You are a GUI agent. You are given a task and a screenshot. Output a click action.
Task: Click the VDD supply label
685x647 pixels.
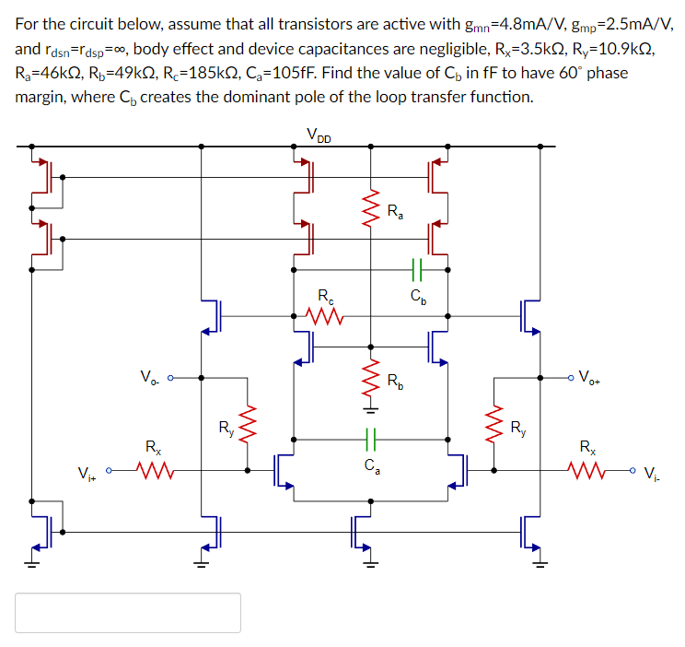coord(319,136)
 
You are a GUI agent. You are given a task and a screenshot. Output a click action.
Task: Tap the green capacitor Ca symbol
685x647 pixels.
coord(371,438)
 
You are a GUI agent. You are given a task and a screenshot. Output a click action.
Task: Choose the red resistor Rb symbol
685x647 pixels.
coord(371,378)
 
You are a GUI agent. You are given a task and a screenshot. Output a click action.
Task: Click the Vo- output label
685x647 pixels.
coord(150,376)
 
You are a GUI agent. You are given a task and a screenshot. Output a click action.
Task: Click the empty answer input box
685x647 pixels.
coord(128,612)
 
